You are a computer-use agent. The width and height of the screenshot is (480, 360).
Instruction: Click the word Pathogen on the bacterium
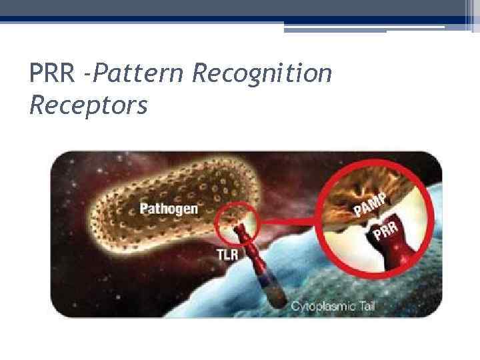(169, 209)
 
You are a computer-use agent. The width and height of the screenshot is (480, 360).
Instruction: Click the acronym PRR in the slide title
(55, 73)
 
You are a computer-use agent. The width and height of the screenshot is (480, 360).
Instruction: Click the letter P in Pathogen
(144, 209)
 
